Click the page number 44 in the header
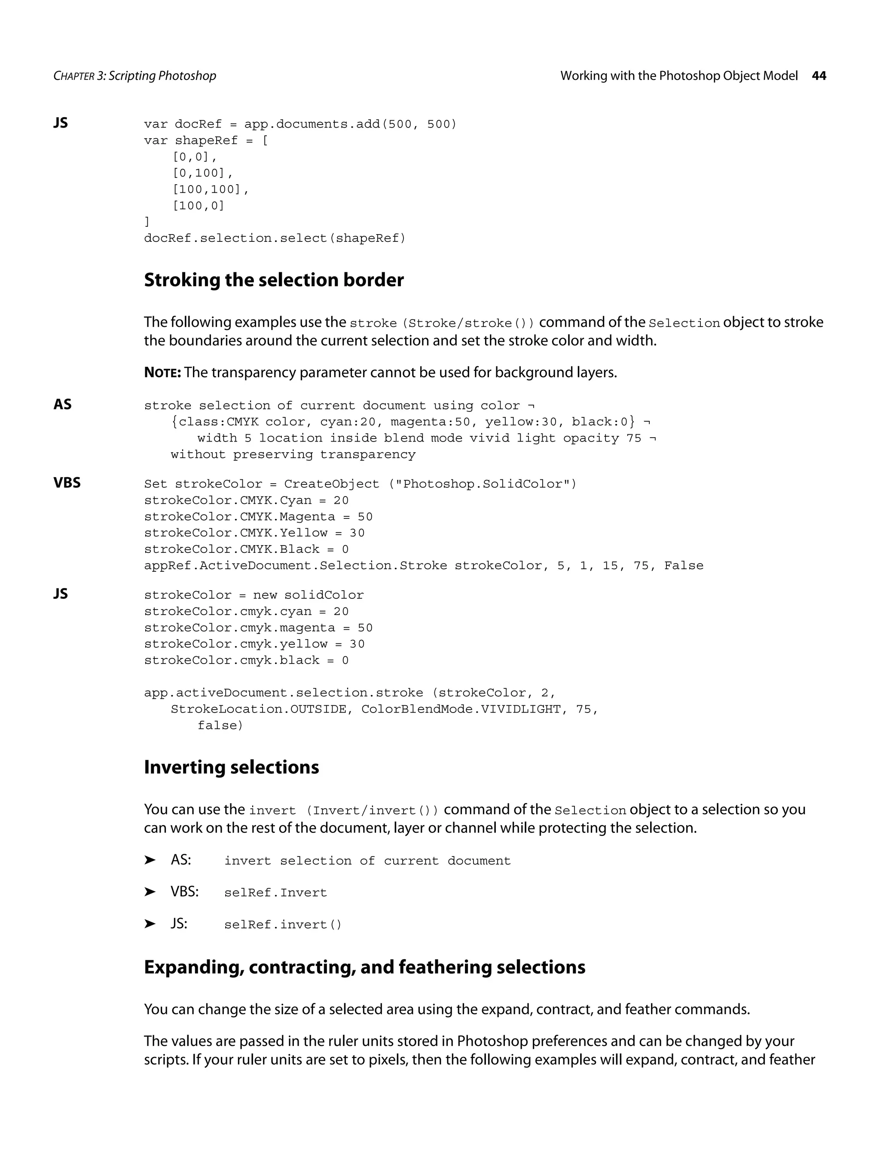click(819, 76)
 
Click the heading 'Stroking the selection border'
click(274, 280)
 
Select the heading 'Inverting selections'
click(231, 768)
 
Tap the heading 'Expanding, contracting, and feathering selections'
click(364, 967)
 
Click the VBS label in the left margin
click(67, 483)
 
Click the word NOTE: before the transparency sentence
click(162, 373)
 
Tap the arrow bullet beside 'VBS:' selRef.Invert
click(150, 892)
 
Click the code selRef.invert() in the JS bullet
click(283, 925)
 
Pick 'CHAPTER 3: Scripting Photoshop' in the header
click(135, 76)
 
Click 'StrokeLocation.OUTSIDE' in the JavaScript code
click(258, 710)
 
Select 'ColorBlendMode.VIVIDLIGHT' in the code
click(461, 710)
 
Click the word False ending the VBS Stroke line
click(683, 566)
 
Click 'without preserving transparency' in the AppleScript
click(293, 455)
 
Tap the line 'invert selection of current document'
click(367, 861)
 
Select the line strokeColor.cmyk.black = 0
click(246, 661)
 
